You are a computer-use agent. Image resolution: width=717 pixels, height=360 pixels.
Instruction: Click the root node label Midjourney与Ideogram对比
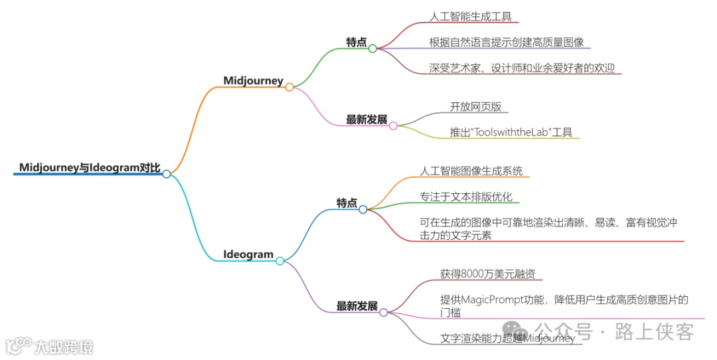click(x=90, y=167)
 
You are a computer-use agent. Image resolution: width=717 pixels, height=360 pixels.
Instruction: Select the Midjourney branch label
click(x=253, y=81)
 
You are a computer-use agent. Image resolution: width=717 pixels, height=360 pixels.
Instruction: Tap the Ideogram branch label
click(x=248, y=254)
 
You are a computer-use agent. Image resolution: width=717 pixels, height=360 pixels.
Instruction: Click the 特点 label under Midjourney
click(x=356, y=42)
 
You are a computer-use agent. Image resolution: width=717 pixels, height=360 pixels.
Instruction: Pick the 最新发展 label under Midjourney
click(x=366, y=120)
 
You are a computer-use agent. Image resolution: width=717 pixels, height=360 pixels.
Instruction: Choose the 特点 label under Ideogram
click(x=347, y=203)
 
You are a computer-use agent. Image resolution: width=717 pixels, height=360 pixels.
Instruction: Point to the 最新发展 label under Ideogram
click(x=357, y=306)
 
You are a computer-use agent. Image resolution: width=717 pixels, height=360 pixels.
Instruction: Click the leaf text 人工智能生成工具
click(x=471, y=17)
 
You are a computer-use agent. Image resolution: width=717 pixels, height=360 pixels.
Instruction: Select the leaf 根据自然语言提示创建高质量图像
click(x=507, y=42)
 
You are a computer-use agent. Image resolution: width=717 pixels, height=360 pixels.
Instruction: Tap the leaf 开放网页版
click(x=470, y=106)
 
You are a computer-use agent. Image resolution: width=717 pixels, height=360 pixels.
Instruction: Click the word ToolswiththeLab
click(x=511, y=132)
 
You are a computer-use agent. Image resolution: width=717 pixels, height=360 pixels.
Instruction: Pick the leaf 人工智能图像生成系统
click(x=471, y=171)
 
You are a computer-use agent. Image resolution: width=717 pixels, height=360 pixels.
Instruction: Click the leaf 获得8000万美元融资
click(x=487, y=274)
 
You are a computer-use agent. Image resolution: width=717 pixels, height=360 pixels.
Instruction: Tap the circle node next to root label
click(x=167, y=174)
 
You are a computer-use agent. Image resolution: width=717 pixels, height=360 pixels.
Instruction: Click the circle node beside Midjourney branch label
click(x=289, y=87)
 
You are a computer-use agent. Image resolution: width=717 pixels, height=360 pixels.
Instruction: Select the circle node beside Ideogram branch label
click(x=280, y=261)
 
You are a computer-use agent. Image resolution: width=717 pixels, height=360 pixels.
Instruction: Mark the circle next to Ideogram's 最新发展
click(x=384, y=312)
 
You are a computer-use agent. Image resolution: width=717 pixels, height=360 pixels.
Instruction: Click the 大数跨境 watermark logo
click(x=49, y=346)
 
